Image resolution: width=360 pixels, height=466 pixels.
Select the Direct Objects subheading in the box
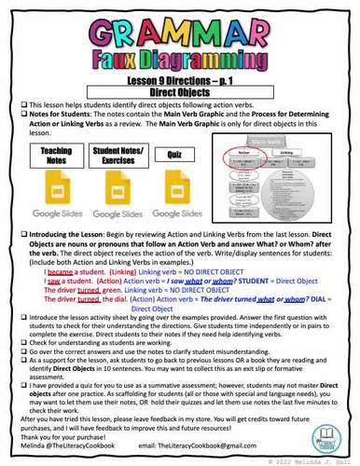coord(180,94)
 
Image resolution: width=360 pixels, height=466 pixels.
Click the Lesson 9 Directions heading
coord(180,83)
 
